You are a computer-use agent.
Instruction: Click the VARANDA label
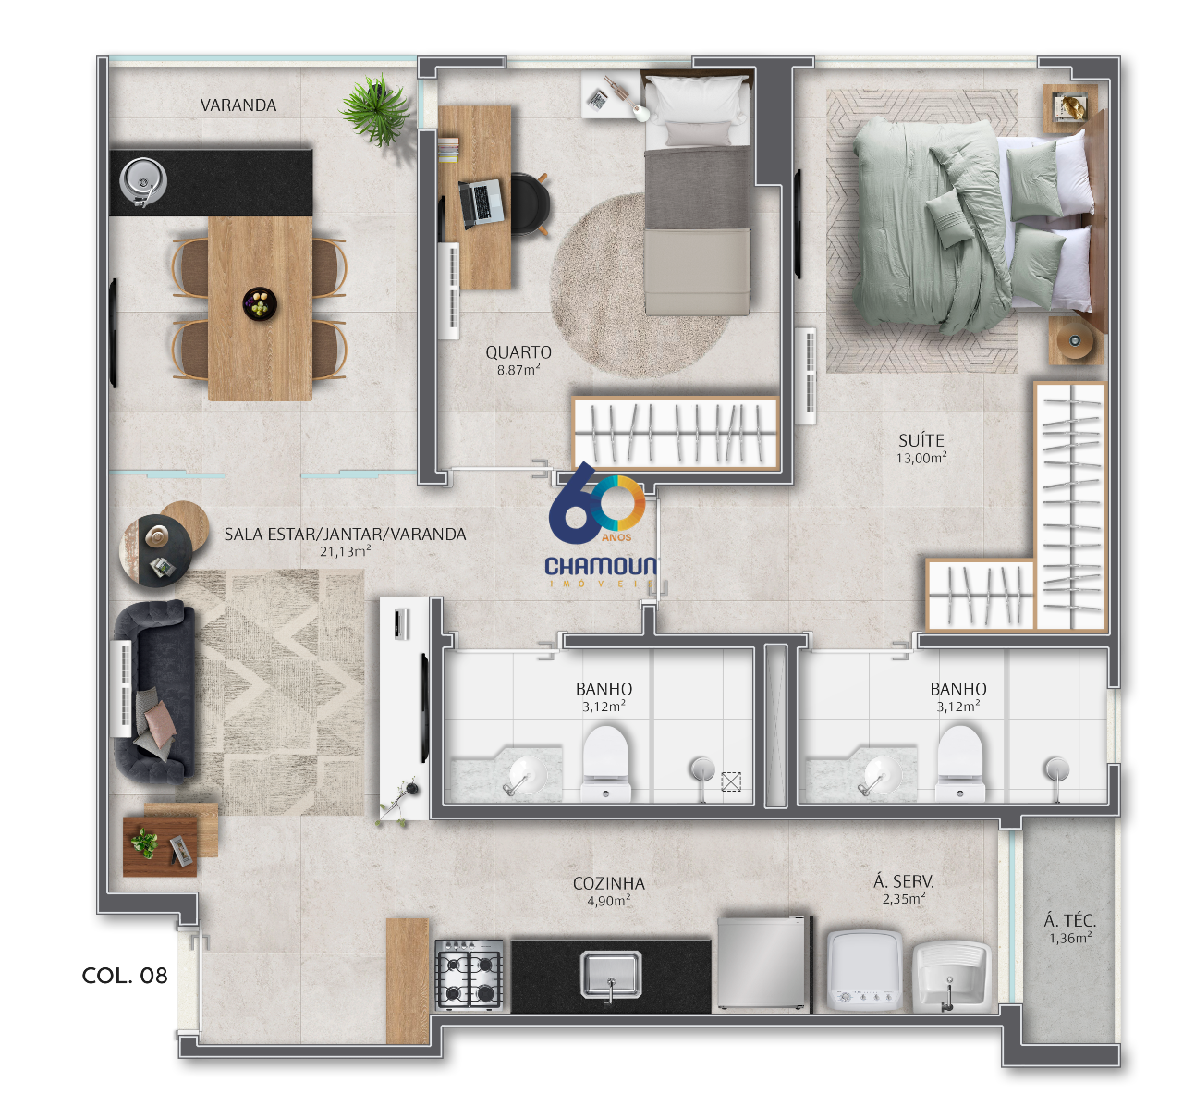(x=238, y=105)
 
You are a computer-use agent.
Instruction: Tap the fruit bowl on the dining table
(x=260, y=303)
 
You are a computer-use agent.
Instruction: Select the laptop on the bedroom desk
(x=481, y=203)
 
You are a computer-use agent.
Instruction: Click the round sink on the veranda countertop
(x=143, y=180)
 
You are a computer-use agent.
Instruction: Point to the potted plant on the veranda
(x=376, y=110)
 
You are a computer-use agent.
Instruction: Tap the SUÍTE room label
(x=921, y=440)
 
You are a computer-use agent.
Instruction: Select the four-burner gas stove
(x=470, y=975)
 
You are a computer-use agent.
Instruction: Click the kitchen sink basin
(x=611, y=975)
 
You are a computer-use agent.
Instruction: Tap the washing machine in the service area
(x=864, y=970)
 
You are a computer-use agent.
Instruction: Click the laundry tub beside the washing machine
(x=951, y=977)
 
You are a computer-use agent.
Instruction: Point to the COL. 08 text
(x=125, y=976)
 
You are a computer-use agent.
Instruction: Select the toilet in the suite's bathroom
(x=959, y=764)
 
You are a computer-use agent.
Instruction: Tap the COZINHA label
(x=609, y=883)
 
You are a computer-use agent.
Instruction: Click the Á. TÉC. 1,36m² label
(x=1070, y=929)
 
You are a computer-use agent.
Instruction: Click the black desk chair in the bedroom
(x=529, y=203)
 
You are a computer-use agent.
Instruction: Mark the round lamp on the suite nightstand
(x=1075, y=340)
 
